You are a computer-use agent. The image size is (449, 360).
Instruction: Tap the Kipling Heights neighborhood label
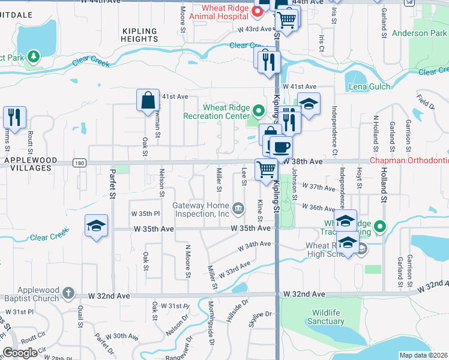point(139,35)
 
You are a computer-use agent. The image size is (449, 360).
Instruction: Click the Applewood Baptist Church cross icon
point(69,293)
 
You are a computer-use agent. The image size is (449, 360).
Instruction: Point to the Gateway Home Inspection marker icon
point(238,208)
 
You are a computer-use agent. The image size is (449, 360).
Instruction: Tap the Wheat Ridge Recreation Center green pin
point(259,110)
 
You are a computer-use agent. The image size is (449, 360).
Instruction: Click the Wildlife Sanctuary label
point(328,317)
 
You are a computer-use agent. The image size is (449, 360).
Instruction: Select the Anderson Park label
point(419,34)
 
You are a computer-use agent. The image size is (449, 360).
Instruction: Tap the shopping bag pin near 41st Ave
point(148,100)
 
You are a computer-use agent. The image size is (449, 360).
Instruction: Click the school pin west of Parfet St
point(96,226)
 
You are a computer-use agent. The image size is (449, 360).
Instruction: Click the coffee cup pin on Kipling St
point(280,147)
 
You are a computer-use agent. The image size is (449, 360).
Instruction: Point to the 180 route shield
point(80,163)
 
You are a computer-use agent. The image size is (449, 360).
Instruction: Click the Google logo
point(20,353)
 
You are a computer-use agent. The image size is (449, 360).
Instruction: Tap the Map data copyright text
point(424,355)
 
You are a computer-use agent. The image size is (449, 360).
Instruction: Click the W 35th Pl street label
point(145,213)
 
